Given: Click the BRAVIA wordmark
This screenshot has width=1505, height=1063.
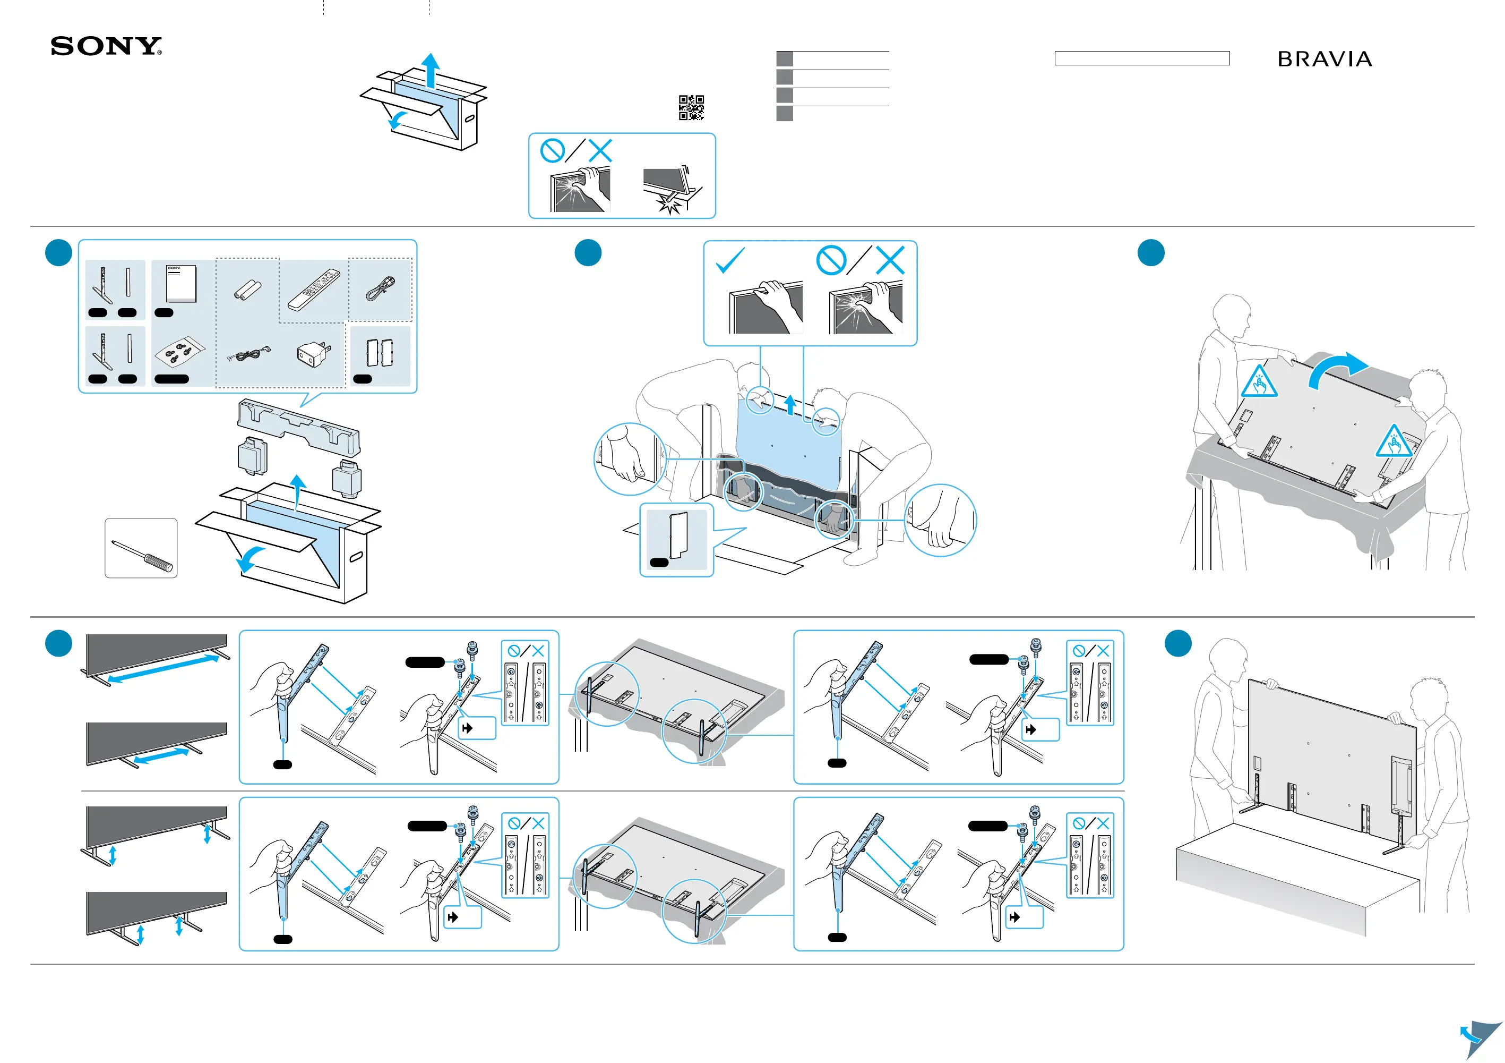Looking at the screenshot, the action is [x=1325, y=59].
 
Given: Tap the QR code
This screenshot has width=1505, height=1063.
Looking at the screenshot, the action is [x=692, y=107].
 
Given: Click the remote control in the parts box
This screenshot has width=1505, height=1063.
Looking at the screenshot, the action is [x=314, y=289].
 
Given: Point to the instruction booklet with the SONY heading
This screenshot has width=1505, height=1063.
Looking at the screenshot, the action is [x=181, y=283].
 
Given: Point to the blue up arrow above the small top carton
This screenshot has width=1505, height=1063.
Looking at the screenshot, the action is [x=431, y=70].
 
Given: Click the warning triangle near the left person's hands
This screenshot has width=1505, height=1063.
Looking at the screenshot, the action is [x=1259, y=381].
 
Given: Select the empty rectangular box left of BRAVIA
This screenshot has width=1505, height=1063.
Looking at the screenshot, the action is [x=1142, y=58].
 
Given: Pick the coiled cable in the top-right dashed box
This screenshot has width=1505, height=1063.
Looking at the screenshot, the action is [x=381, y=288].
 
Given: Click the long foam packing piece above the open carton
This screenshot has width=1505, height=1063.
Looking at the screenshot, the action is [x=299, y=427].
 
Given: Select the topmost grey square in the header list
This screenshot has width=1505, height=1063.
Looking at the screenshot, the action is [x=785, y=58].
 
